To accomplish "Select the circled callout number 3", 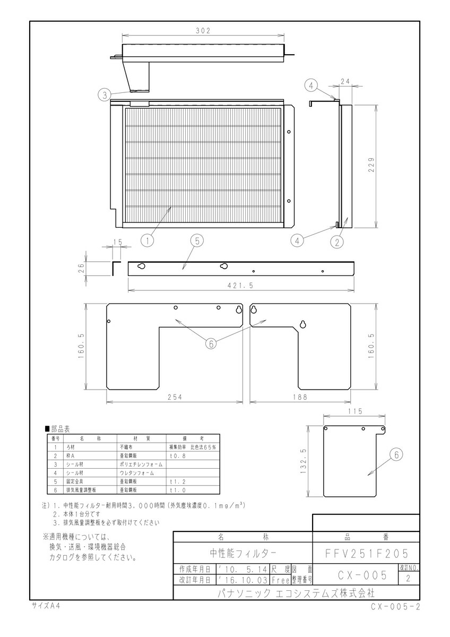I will (104, 95).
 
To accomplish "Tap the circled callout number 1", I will (147, 240).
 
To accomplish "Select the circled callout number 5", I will (196, 240).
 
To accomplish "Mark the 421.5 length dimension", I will (240, 286).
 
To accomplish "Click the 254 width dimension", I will (175, 398).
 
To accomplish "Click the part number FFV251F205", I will (367, 553).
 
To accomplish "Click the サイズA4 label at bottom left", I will (45, 605).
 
